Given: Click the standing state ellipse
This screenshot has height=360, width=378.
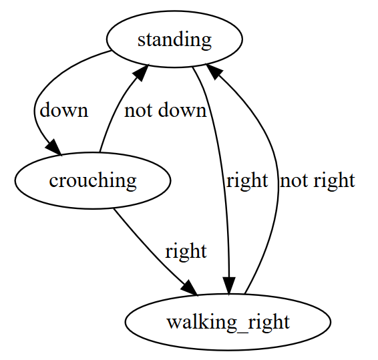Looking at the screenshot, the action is pos(174,39).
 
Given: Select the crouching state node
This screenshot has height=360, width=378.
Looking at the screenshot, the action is pos(93,180).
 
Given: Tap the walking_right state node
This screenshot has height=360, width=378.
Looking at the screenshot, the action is pos(228,322).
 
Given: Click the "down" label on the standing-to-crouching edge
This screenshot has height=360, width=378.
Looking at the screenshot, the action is pos(64,110).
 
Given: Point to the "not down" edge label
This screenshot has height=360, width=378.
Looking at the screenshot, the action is pos(166,110).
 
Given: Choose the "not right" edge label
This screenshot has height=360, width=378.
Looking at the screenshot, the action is pos(317,180).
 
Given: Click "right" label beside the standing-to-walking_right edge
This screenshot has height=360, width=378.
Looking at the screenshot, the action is pos(247,180).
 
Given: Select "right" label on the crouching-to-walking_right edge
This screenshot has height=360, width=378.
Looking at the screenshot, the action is pos(186,251).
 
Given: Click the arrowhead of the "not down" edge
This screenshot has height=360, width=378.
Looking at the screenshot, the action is pos(142,72).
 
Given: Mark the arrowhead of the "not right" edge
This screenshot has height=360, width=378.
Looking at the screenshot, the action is pos(214,71).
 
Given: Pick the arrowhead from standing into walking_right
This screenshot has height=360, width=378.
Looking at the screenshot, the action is pos(229,286).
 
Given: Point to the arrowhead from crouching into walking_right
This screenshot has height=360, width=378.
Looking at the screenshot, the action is pos(190,288).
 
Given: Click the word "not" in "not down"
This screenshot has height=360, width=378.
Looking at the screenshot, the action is pos(138,110).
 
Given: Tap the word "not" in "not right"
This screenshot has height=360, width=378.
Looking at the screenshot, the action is pos(294,181).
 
